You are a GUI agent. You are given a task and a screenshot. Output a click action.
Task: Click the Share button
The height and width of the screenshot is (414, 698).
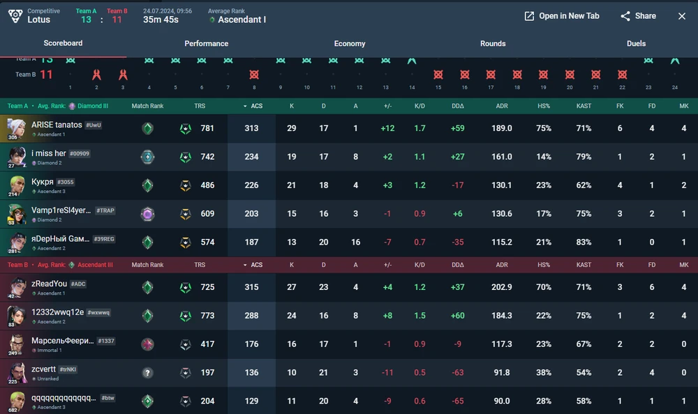point(638,16)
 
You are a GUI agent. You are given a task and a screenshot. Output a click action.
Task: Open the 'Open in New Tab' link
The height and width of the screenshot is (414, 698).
point(562,16)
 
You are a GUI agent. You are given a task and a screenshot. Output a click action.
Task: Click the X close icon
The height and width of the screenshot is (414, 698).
point(682,16)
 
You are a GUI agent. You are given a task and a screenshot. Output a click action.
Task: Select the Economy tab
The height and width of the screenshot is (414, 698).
point(350,43)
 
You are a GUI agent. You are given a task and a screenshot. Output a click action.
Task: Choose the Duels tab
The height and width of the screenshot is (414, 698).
point(636,43)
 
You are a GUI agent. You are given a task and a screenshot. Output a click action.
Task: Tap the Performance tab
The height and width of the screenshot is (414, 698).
point(207,43)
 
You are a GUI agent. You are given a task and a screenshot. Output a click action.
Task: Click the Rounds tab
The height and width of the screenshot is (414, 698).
point(493,43)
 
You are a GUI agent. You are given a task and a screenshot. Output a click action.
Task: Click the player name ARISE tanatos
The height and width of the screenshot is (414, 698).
point(57,125)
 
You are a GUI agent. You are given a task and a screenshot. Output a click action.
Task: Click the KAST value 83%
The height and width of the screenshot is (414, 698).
point(584,242)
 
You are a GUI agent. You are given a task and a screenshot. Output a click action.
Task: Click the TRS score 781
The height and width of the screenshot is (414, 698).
point(207,128)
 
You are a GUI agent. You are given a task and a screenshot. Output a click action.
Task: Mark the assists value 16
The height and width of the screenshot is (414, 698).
point(356,242)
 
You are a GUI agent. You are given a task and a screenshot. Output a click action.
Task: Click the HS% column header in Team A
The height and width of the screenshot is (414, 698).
point(544,106)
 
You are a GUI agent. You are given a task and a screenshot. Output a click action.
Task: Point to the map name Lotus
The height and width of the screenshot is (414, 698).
point(39,20)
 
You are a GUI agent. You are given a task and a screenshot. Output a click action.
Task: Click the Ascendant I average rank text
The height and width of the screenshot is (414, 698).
point(242,20)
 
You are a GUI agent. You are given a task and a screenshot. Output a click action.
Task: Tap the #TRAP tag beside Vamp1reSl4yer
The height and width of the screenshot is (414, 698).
point(105,210)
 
